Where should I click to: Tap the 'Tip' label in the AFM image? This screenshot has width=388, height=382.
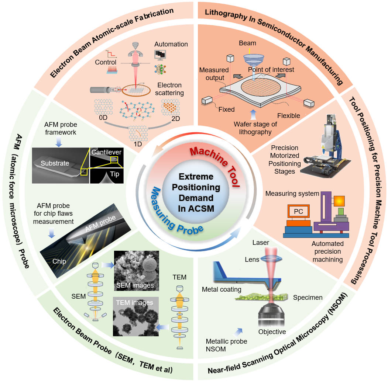coord(115,174)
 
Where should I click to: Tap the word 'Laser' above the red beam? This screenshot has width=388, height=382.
coord(261,243)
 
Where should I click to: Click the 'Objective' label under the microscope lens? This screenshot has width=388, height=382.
coord(272,331)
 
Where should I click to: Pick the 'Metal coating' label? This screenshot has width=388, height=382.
coord(222,289)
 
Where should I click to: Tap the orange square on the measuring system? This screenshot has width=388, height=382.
coord(340,201)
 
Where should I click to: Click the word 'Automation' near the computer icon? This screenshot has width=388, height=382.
coord(171,44)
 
